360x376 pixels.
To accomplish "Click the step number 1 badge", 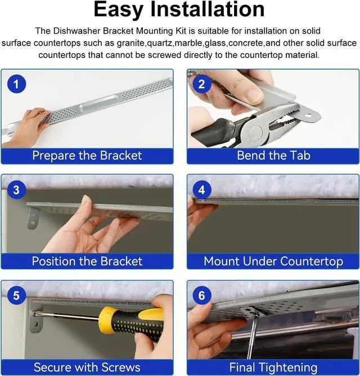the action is click(16, 84).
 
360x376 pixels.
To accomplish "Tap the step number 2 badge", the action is click(201, 84).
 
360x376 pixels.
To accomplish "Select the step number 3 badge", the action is click(16, 189).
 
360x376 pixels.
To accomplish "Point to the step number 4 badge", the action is click(201, 189).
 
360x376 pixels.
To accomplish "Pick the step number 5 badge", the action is click(16, 295).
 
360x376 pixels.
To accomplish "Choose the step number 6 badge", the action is click(201, 295).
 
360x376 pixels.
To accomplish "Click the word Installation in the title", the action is click(208, 9).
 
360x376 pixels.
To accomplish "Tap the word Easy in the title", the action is click(118, 10).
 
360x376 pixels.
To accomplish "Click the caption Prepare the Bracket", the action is click(87, 155).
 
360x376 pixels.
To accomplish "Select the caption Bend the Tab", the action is click(273, 155).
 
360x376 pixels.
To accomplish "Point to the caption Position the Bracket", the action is click(87, 261).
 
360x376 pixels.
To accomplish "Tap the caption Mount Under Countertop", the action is click(273, 261).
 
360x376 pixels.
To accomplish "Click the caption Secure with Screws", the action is click(87, 367).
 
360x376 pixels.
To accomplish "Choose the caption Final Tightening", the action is click(273, 368).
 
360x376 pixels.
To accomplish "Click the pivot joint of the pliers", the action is click(255, 132).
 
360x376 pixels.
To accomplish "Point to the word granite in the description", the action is click(130, 43).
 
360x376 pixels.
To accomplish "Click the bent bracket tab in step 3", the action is click(33, 218).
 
